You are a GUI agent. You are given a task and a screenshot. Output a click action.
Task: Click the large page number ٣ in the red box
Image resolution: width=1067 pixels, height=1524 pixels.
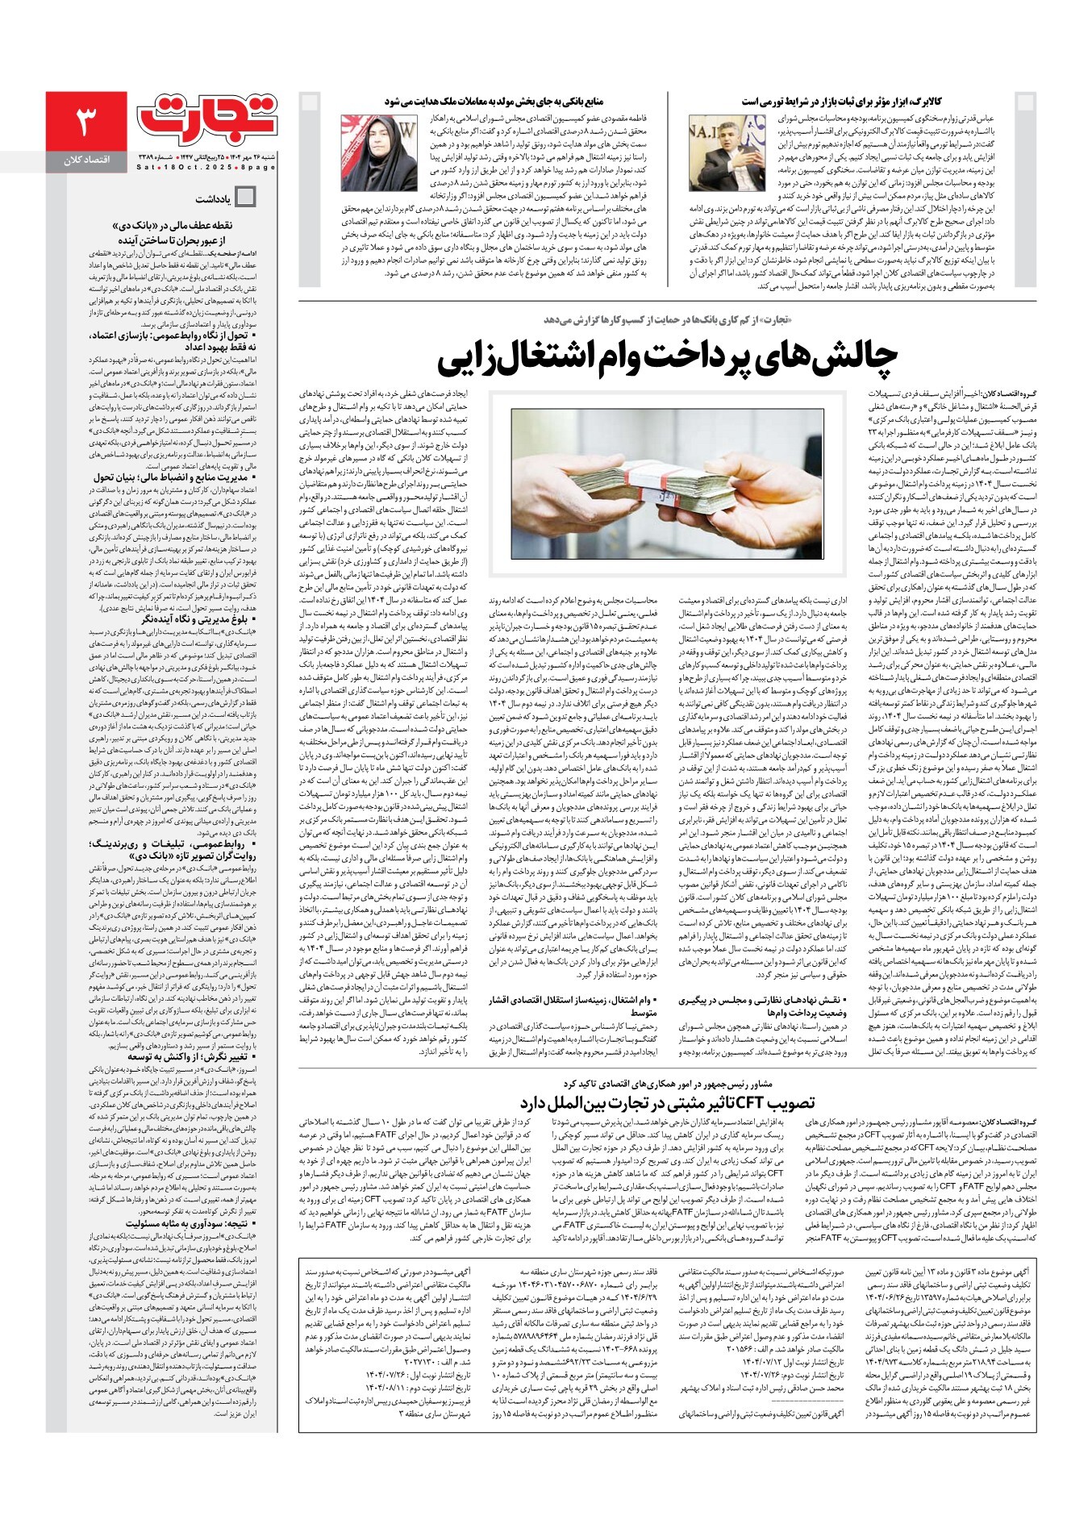coord(85,123)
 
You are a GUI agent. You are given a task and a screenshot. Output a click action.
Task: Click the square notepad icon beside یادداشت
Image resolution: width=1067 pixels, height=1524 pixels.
coord(244,197)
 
